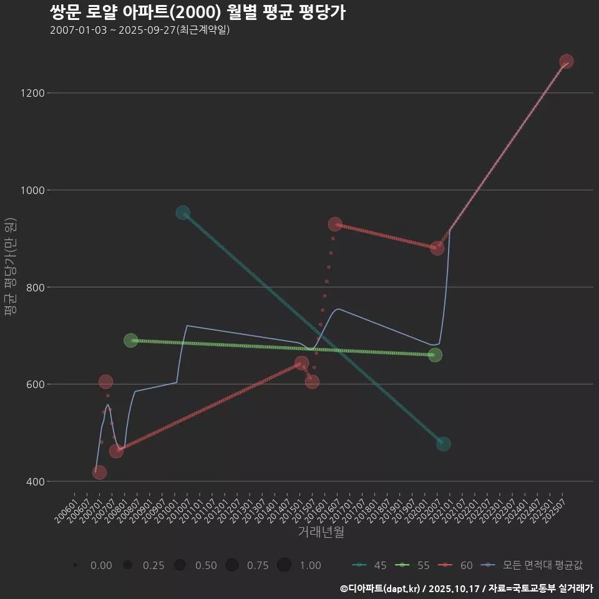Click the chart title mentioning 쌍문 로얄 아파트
pos(197,12)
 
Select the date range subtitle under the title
pos(140,30)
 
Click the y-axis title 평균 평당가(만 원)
pos(9,268)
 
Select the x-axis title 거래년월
pos(321,532)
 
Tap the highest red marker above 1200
pos(567,61)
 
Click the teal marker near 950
pos(183,213)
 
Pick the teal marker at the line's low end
pos(444,444)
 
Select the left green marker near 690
pos(130,340)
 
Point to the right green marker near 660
pos(436,354)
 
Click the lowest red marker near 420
pos(99,472)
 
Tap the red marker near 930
pos(335,224)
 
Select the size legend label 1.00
pos(309,565)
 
